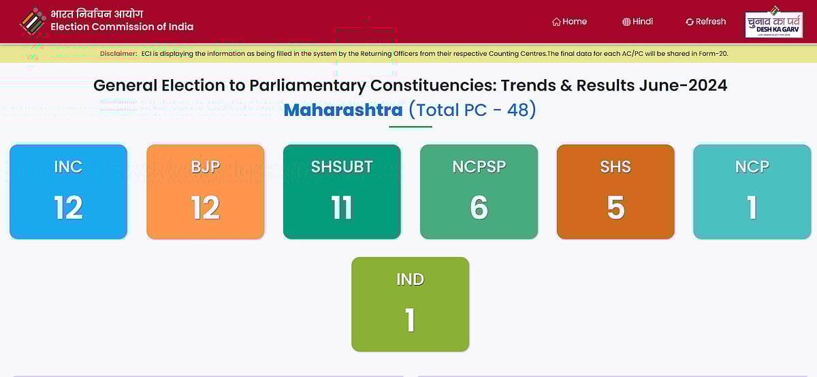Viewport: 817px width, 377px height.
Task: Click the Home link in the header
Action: coord(569,22)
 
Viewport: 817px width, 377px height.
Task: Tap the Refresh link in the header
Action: coord(705,22)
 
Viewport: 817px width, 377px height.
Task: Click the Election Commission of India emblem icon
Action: coord(32,21)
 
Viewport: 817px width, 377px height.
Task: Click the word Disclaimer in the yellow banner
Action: coord(118,53)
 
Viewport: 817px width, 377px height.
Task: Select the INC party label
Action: coord(68,166)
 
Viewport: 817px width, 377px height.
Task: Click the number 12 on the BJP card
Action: coord(205,207)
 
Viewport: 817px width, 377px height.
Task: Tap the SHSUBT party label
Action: coord(342,166)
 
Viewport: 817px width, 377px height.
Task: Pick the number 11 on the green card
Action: coord(342,207)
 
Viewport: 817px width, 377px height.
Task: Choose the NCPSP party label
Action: coord(479,166)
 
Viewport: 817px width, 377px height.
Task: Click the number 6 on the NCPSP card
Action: coord(479,207)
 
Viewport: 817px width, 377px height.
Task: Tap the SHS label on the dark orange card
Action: coord(615,166)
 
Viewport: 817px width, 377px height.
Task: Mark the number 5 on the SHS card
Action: coord(615,207)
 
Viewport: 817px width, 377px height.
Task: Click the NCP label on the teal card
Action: coord(752,166)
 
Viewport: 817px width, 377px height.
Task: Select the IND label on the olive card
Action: coord(410,279)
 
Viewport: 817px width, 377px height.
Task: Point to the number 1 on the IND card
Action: coord(410,320)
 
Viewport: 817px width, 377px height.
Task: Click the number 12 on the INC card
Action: coord(68,207)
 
